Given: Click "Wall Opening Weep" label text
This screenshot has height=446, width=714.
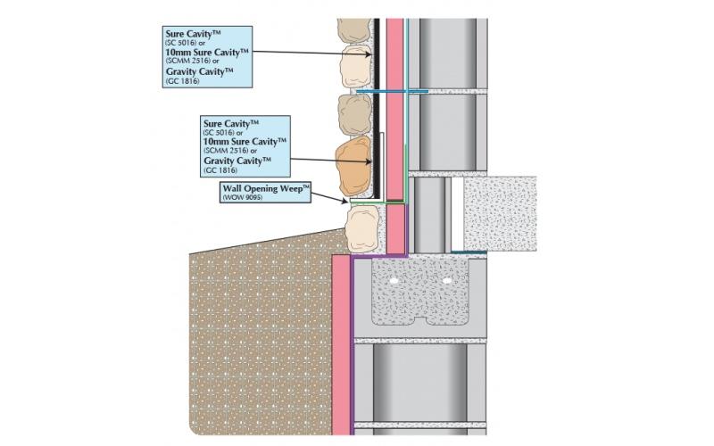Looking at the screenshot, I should coord(264,189).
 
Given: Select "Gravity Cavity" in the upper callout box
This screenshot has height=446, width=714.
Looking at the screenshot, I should coord(199,71).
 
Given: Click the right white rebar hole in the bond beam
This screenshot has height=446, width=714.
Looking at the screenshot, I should coord(446,280).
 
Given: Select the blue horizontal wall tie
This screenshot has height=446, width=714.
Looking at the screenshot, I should coord(393,91).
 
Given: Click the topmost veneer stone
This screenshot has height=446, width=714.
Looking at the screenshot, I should coord(353,32).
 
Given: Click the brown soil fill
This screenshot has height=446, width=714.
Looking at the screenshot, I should coord(259,339).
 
